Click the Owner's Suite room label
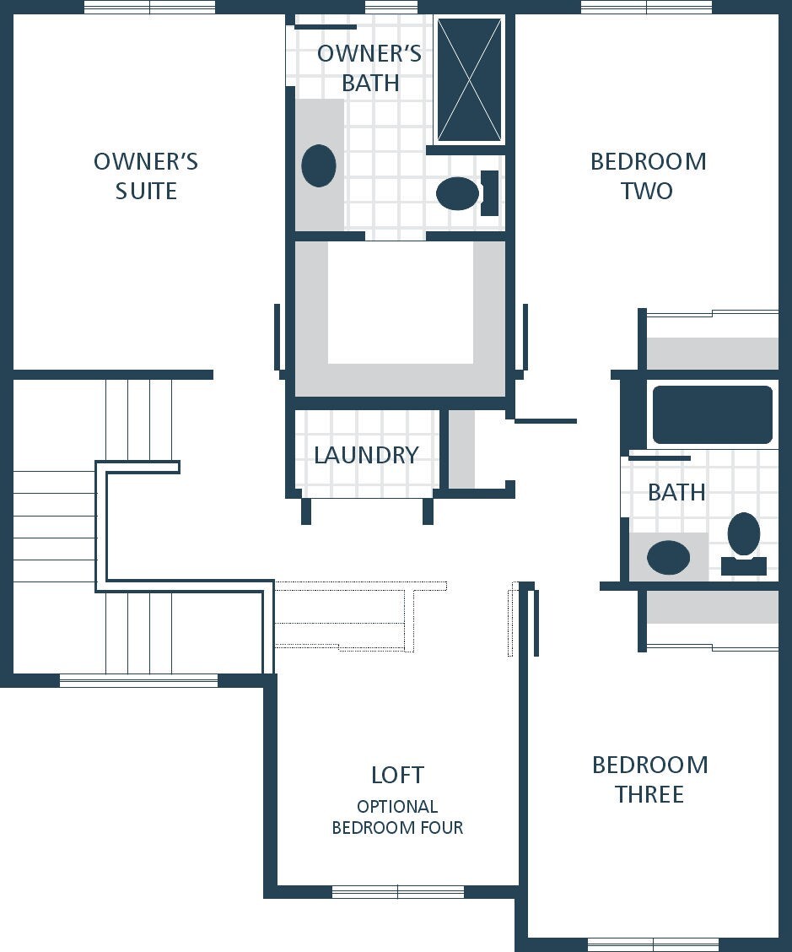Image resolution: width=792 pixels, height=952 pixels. tap(146, 176)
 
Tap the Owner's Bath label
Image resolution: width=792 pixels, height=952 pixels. tap(369, 68)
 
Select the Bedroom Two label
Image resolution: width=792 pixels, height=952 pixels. tap(648, 176)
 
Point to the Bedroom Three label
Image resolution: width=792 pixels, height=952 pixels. tap(650, 779)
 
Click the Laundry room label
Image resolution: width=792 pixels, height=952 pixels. tap(366, 456)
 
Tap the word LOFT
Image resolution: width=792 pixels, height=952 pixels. tap(397, 775)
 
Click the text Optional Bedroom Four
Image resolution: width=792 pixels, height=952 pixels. tap(397, 817)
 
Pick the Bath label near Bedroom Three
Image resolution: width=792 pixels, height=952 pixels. tap(676, 492)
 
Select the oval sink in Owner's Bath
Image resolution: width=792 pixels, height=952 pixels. tap(319, 165)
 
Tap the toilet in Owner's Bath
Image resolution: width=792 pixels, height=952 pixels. tap(466, 193)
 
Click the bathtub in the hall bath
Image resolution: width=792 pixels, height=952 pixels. tap(713, 415)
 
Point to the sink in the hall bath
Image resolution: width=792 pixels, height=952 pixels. tap(668, 557)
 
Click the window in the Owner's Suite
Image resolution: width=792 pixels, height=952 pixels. tap(149, 7)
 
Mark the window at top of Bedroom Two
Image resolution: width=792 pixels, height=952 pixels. tap(646, 7)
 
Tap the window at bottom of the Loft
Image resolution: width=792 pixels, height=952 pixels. tap(398, 892)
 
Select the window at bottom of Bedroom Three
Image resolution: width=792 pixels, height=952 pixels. tap(653, 944)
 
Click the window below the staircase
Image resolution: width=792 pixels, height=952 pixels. tap(138, 680)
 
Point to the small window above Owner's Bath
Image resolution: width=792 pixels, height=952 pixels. tap(391, 7)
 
